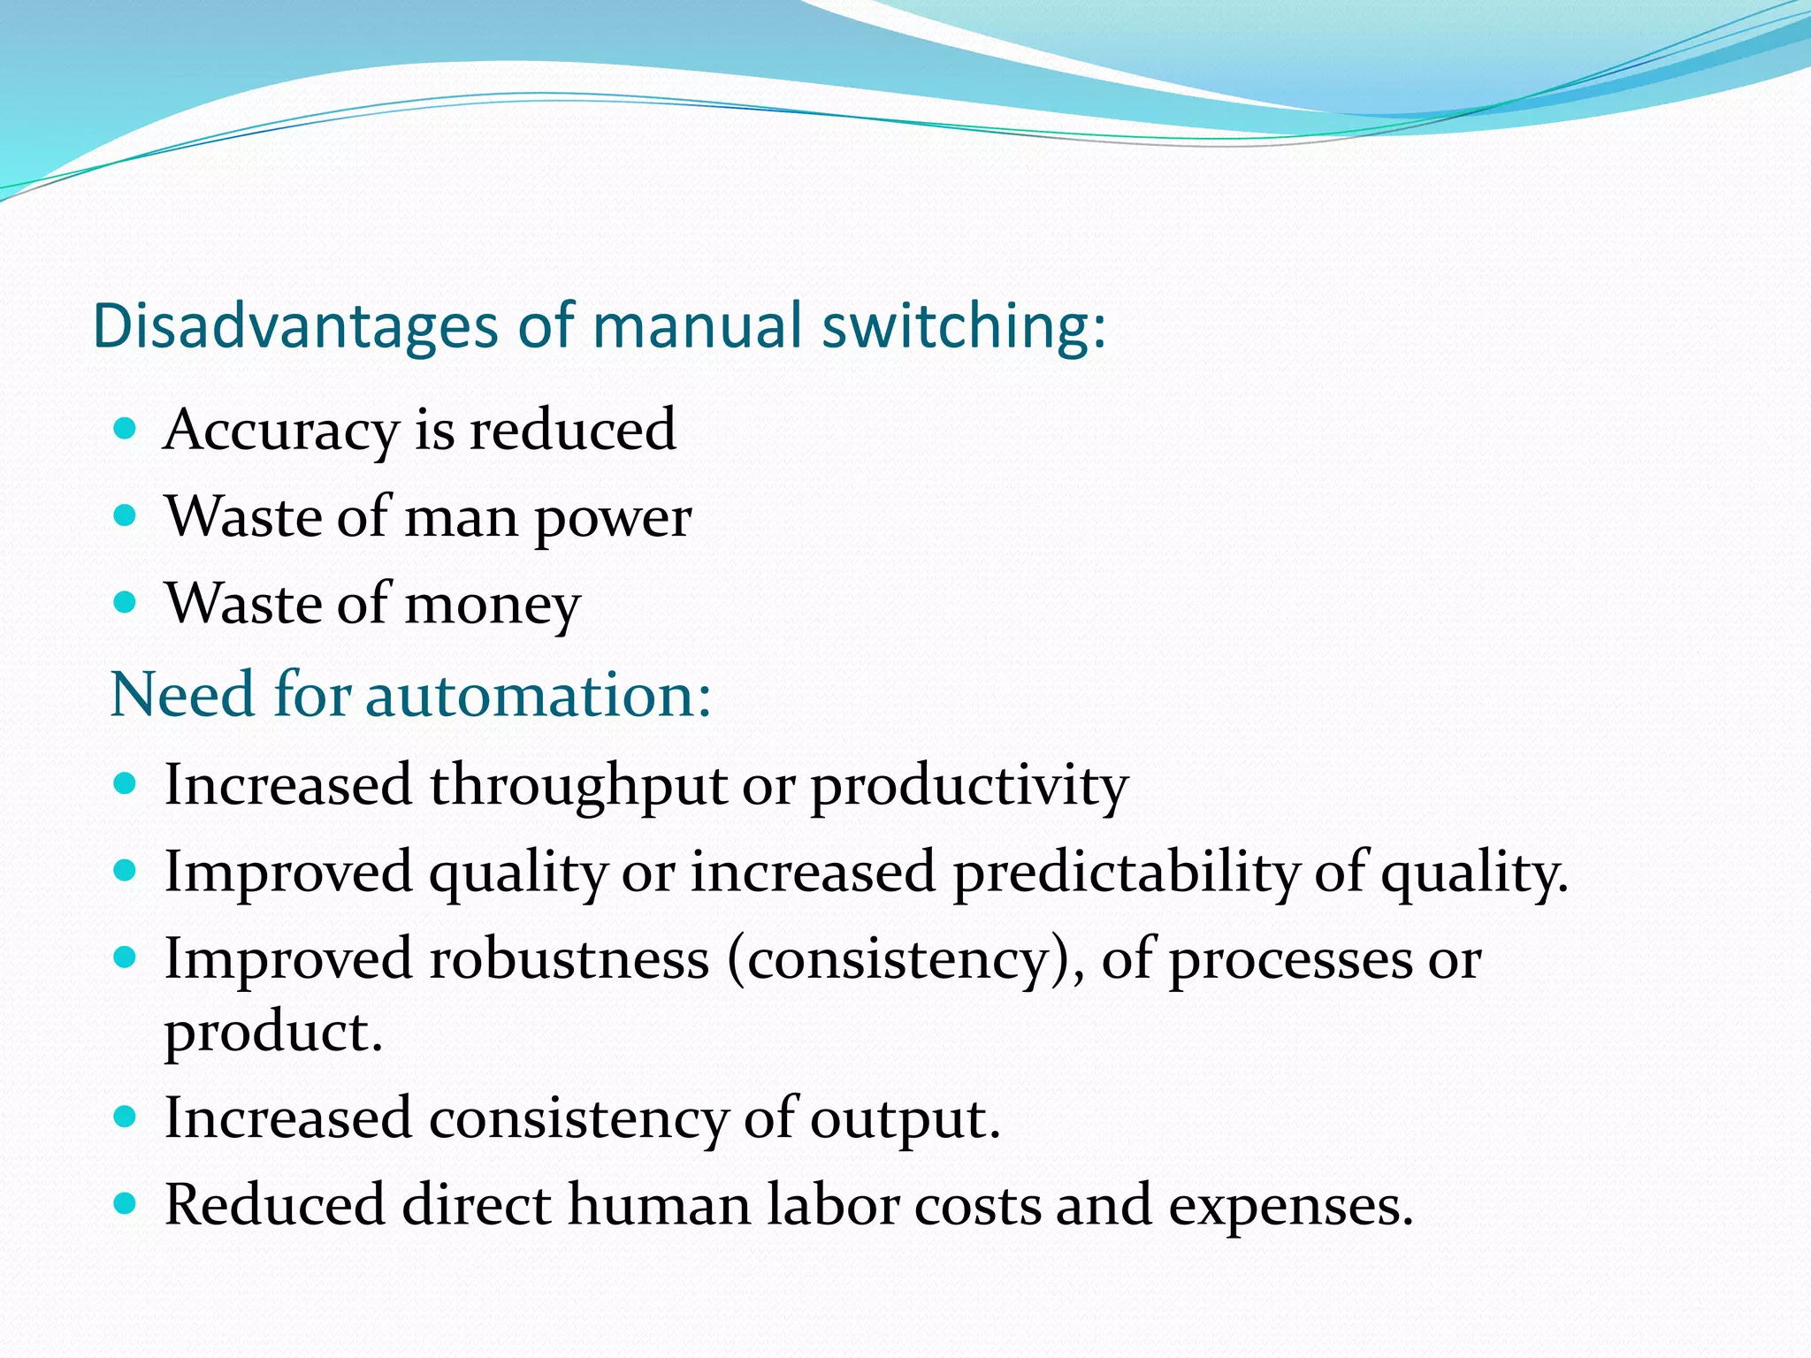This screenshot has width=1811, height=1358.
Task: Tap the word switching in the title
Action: tap(963, 327)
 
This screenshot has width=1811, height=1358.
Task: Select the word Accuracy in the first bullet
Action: tap(281, 431)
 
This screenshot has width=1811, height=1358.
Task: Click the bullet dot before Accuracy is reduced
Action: tap(126, 429)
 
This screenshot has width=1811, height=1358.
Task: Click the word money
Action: tap(492, 605)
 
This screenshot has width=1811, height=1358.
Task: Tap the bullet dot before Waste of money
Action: tap(126, 603)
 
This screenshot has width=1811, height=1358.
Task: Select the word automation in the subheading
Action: tap(539, 695)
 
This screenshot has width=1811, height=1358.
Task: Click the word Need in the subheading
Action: tap(183, 695)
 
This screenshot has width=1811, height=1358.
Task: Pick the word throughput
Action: tap(578, 786)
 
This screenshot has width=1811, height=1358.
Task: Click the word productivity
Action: tap(969, 786)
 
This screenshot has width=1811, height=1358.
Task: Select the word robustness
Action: tap(569, 960)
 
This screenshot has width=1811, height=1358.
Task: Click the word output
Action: tap(905, 1118)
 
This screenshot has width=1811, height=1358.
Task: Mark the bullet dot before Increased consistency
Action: tap(126, 1117)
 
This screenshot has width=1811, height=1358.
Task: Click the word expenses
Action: tap(1290, 1207)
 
